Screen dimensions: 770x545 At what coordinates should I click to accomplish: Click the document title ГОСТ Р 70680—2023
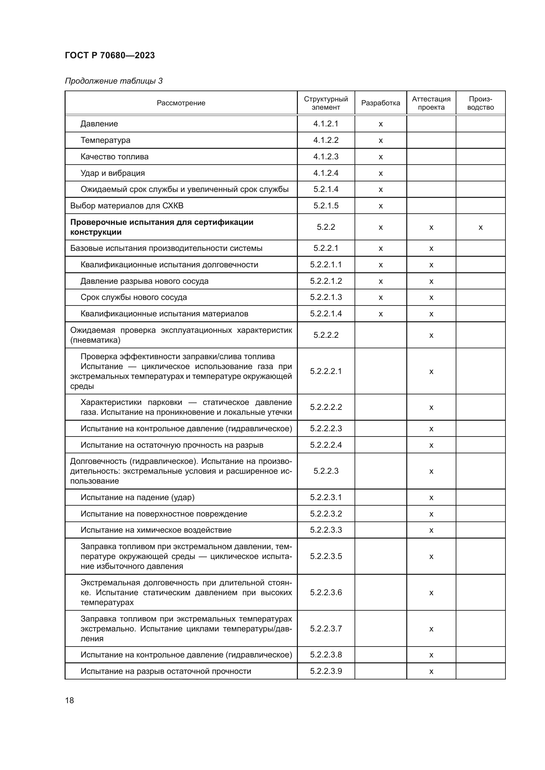click(110, 55)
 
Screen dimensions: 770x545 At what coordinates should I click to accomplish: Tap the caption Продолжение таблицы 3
click(113, 81)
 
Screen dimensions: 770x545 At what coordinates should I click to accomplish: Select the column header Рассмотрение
click(181, 103)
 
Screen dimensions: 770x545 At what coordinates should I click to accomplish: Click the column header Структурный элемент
click(326, 103)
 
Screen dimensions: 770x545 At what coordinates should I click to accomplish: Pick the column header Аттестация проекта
click(431, 103)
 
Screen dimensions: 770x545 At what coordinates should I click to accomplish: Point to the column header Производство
click(480, 103)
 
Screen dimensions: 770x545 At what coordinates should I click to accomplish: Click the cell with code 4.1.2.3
click(326, 157)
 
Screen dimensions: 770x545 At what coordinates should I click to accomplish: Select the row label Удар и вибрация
click(112, 173)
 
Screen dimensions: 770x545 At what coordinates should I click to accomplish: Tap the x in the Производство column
click(480, 227)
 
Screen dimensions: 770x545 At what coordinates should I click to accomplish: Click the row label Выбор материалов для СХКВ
click(127, 205)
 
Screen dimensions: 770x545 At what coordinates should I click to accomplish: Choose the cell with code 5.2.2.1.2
click(326, 281)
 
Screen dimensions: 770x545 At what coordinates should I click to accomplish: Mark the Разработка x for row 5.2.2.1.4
click(381, 314)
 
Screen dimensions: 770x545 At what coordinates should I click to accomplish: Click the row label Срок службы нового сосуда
click(133, 297)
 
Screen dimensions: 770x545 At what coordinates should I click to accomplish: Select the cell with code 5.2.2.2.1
click(326, 371)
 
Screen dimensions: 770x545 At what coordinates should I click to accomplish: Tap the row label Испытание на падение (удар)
click(137, 497)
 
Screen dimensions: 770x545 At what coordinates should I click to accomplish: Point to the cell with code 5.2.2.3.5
click(326, 556)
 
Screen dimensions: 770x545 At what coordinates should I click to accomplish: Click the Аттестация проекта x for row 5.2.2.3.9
click(431, 671)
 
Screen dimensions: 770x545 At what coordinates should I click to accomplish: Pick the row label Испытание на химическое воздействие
click(156, 530)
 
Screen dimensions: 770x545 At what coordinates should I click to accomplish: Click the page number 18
click(70, 700)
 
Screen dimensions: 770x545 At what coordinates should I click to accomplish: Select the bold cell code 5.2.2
click(326, 227)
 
